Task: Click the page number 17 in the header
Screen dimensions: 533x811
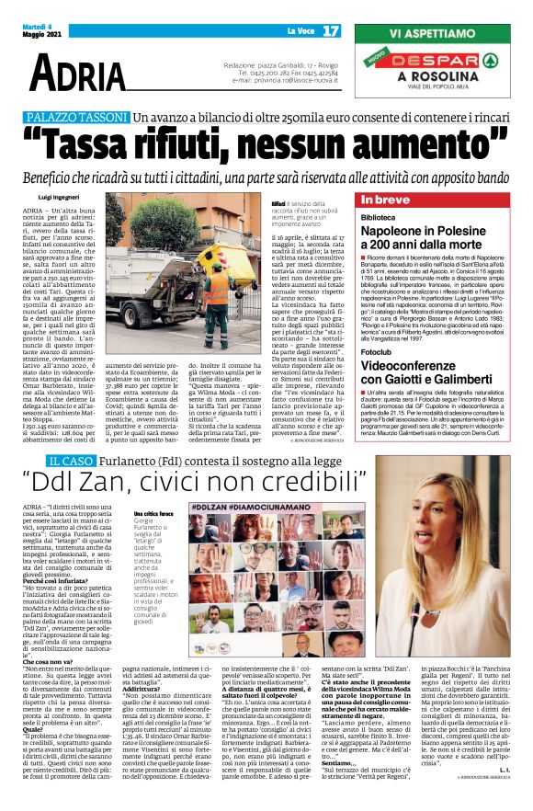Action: [x=331, y=31]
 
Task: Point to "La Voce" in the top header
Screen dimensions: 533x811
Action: [x=300, y=32]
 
